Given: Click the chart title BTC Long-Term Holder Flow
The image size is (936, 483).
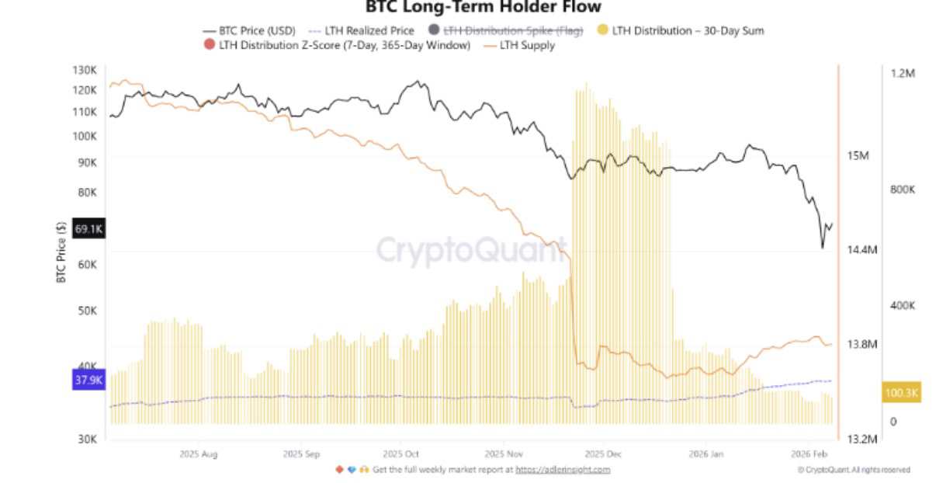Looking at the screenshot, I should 483,7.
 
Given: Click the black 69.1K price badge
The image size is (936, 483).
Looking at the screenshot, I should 88,229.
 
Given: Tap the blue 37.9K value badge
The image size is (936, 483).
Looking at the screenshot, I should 88,380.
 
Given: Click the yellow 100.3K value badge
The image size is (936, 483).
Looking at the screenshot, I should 900,393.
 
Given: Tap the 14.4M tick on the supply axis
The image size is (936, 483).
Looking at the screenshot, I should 861,250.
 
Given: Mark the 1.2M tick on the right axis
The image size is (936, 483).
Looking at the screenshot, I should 903,73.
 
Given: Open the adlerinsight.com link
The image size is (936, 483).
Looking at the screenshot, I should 563,469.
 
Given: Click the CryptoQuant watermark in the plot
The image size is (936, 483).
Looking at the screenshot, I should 471,250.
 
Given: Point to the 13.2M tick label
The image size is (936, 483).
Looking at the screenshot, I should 861,439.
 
